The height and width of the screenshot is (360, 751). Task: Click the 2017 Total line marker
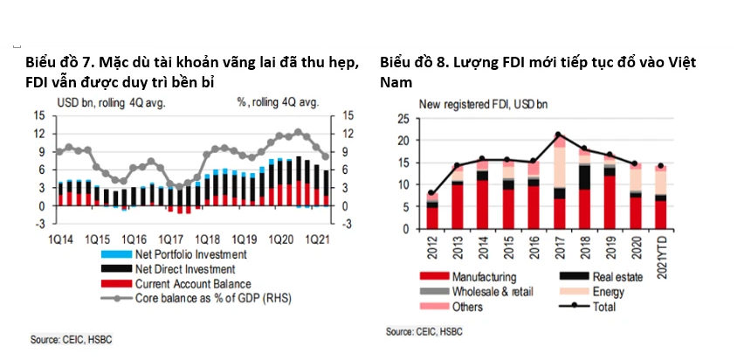[x=558, y=135]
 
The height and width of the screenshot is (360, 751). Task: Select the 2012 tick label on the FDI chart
[x=432, y=246]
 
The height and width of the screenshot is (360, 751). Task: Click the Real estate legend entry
[x=601, y=277]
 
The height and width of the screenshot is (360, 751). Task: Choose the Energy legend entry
[x=592, y=292]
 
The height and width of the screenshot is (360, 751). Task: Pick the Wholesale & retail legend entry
[x=476, y=292]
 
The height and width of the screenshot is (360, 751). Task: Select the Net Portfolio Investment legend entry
[x=174, y=254]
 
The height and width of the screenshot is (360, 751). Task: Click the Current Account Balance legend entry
[x=176, y=284]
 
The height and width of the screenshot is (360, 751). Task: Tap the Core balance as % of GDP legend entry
[x=196, y=298]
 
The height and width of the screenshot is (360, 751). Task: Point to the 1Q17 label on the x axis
[x=169, y=239]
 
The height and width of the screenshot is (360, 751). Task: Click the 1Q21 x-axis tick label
[x=318, y=239]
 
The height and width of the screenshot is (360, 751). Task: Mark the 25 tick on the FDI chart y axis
[x=403, y=119]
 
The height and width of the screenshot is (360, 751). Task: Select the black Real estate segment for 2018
[x=583, y=177]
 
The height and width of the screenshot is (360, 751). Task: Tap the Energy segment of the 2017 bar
[x=558, y=167]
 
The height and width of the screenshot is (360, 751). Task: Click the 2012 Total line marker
[x=432, y=193]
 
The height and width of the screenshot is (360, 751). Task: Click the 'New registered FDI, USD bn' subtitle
[x=483, y=105]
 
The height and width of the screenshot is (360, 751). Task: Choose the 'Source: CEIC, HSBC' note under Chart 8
[x=424, y=331]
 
